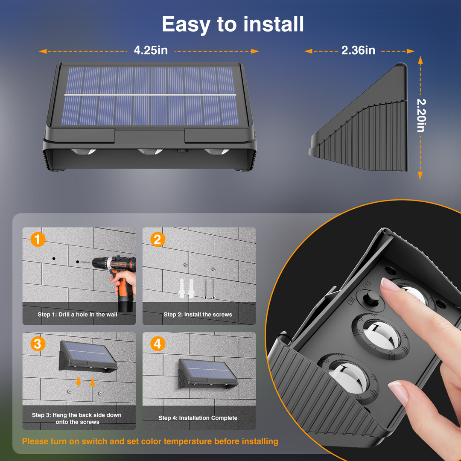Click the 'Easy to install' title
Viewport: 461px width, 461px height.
pyautogui.click(x=233, y=24)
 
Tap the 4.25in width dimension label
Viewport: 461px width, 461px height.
pyautogui.click(x=151, y=50)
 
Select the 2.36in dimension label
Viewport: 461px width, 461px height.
pyautogui.click(x=358, y=50)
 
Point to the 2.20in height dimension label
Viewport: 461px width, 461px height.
pyautogui.click(x=421, y=115)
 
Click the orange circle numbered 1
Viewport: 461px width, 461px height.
pyautogui.click(x=38, y=239)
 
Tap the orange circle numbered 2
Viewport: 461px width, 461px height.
pyautogui.click(x=158, y=239)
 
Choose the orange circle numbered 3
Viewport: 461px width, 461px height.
pyautogui.click(x=38, y=344)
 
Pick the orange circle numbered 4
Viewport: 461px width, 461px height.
pyautogui.click(x=158, y=344)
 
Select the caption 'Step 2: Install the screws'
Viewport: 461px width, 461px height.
pyautogui.click(x=198, y=315)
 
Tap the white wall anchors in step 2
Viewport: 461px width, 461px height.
pyautogui.click(x=187, y=288)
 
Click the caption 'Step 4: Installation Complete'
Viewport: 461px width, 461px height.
pyautogui.click(x=198, y=418)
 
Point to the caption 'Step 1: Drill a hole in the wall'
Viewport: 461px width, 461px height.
pyautogui.click(x=77, y=315)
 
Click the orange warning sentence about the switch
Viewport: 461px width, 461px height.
pyautogui.click(x=150, y=441)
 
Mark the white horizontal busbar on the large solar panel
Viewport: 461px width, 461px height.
pyautogui.click(x=150, y=95)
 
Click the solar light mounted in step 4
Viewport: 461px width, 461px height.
pyautogui.click(x=208, y=373)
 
